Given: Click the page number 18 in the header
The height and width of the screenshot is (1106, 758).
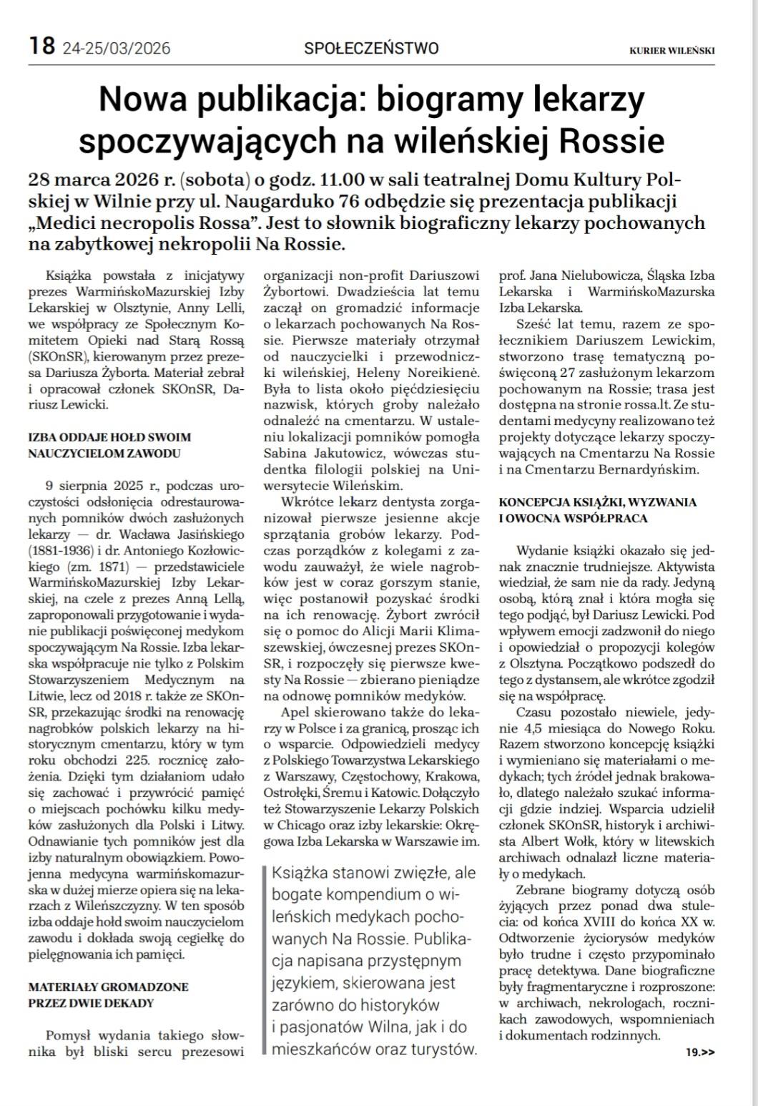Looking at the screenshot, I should click(41, 47).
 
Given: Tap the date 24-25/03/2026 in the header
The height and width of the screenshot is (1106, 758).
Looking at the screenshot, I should click(117, 49).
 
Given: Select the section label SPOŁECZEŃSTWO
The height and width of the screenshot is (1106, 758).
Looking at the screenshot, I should click(371, 49).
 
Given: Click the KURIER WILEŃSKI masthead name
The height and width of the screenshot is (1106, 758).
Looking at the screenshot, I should click(671, 50).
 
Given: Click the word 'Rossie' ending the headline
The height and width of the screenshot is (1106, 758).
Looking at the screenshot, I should click(611, 140).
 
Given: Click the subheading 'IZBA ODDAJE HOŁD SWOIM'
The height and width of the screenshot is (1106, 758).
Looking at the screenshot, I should click(109, 436).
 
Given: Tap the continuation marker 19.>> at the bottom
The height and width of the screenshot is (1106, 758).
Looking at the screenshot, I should click(699, 1052).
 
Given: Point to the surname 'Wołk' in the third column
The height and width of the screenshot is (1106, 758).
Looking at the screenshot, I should click(572, 841).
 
